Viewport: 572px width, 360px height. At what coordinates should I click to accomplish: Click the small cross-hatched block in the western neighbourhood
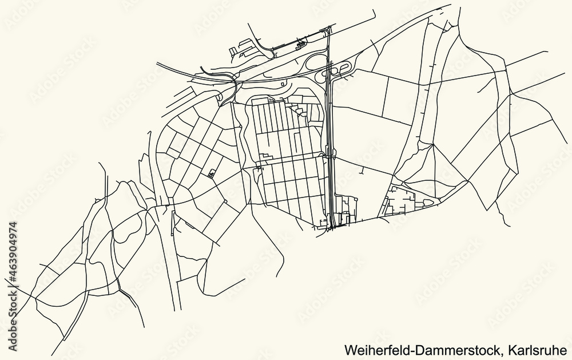pyautogui.click(x=213, y=173)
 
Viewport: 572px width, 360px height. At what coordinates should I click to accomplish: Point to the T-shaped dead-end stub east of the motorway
pyautogui.click(x=362, y=170)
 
